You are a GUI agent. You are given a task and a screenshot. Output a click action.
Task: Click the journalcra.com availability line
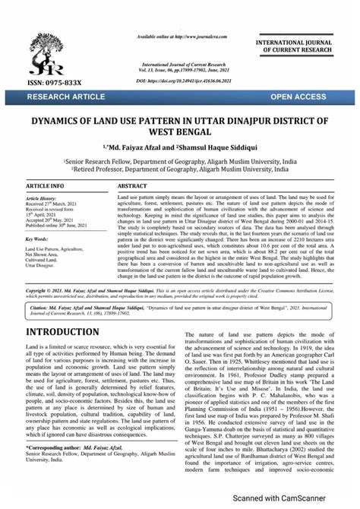point(182,36)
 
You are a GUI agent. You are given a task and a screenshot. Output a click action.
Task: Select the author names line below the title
point(180,147)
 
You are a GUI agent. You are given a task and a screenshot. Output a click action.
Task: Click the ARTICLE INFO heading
point(45,185)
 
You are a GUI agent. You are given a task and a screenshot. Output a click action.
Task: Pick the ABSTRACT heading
point(133,185)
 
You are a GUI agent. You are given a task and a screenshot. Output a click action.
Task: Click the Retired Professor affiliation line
point(180,170)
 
